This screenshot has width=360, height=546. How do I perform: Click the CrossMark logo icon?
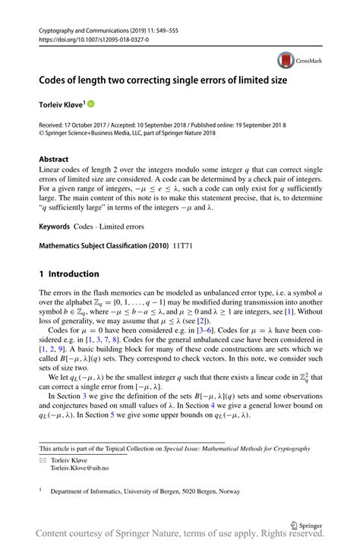286,60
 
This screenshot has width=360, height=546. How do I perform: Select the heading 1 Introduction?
68,273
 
